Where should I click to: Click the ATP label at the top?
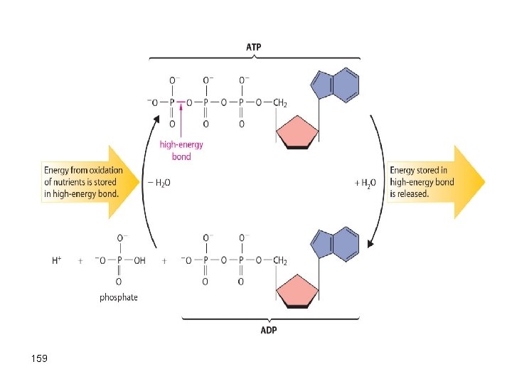tap(253, 47)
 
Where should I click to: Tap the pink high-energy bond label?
tap(181, 150)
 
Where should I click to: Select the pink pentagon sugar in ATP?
tap(297, 133)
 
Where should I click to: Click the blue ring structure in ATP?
tap(335, 85)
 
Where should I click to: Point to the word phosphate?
tap(119, 297)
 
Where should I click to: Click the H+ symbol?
tap(57, 261)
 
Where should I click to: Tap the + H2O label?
tap(364, 183)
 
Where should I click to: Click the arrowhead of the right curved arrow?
tap(370, 245)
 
